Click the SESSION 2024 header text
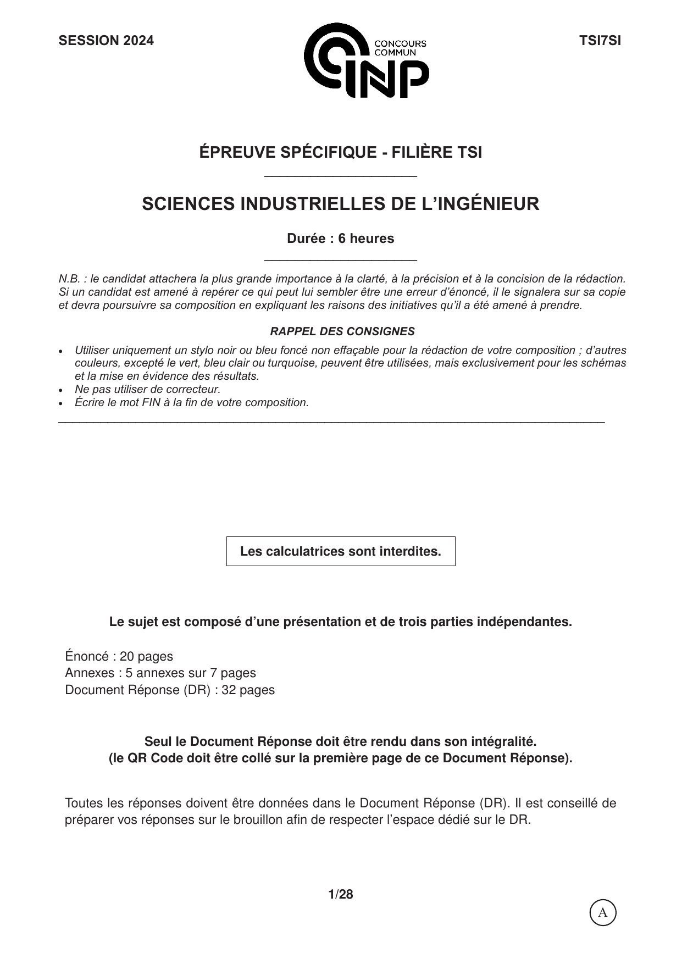point(106,41)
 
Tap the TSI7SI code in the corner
point(600,41)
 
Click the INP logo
point(366,60)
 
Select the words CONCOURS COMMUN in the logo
point(400,48)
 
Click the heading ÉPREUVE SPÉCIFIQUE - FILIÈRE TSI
point(340,152)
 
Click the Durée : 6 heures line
point(340,239)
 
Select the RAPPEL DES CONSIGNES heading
point(342,331)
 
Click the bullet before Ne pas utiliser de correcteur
point(62,390)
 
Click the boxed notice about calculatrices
point(341,551)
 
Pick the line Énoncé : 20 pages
point(119,656)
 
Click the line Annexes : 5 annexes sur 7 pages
point(160,673)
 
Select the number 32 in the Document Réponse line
point(229,690)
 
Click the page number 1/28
point(341,894)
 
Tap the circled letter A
point(603,913)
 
